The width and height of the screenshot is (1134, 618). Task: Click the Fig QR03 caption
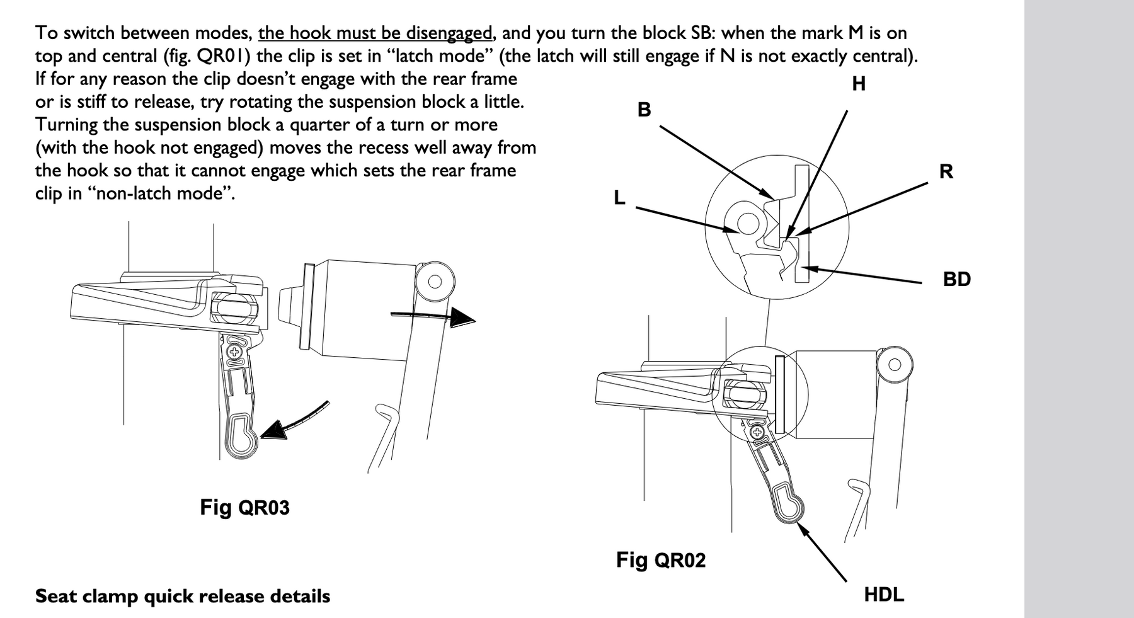pyautogui.click(x=244, y=507)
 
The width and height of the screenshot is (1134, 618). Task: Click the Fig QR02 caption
pyautogui.click(x=660, y=559)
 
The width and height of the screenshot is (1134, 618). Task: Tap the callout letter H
pyautogui.click(x=858, y=84)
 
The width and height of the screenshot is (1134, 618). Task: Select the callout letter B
pyautogui.click(x=644, y=110)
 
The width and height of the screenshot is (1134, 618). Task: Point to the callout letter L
pyautogui.click(x=620, y=198)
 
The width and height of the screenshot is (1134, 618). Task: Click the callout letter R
pyautogui.click(x=946, y=171)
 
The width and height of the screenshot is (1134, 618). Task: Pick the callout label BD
pyautogui.click(x=956, y=279)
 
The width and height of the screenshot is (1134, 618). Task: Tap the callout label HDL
pyautogui.click(x=883, y=594)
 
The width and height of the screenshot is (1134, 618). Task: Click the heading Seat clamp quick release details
pyautogui.click(x=183, y=596)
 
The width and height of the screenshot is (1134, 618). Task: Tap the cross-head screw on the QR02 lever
pyautogui.click(x=757, y=432)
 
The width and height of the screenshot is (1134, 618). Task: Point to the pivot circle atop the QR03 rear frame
pyautogui.click(x=434, y=281)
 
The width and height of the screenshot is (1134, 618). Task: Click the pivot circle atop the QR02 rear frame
pyautogui.click(x=894, y=364)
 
